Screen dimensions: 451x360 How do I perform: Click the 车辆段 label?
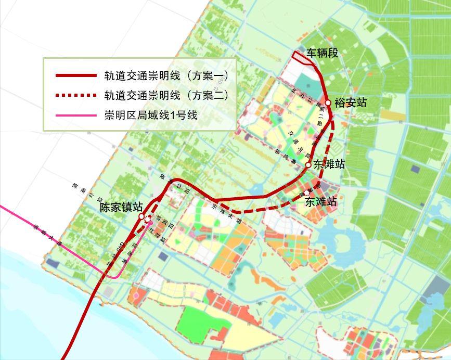click(323, 53)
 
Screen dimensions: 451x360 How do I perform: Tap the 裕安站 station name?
click(351, 102)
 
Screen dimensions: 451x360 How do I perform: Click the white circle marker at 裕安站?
click(328, 102)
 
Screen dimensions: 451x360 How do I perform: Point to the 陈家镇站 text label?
click(121, 207)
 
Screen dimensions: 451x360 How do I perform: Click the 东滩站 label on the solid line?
click(329, 164)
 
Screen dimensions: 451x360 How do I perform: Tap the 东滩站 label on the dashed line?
click(321, 201)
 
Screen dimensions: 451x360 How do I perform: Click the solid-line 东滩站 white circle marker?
click(308, 164)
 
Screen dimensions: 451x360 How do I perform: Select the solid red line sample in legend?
click(76, 76)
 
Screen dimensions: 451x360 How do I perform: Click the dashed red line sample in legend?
click(76, 95)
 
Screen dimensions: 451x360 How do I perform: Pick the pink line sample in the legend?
click(76, 115)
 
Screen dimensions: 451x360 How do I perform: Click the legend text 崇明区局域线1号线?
click(151, 115)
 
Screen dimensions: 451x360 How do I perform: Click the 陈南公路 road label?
click(86, 192)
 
